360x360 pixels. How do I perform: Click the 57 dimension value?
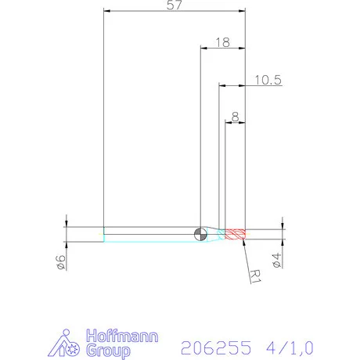click(x=175, y=5)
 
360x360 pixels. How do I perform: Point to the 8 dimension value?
click(x=236, y=117)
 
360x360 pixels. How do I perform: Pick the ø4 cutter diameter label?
click(x=276, y=259)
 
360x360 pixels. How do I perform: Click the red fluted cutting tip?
click(x=236, y=232)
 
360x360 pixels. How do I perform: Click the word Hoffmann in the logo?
click(x=121, y=337)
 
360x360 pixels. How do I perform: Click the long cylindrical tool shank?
click(x=149, y=232)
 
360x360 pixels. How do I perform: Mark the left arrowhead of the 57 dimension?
click(x=107, y=11)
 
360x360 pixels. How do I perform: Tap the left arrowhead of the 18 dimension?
click(x=203, y=49)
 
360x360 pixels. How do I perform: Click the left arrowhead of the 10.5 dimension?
click(x=221, y=85)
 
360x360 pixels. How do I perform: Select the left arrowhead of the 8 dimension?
click(x=228, y=123)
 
